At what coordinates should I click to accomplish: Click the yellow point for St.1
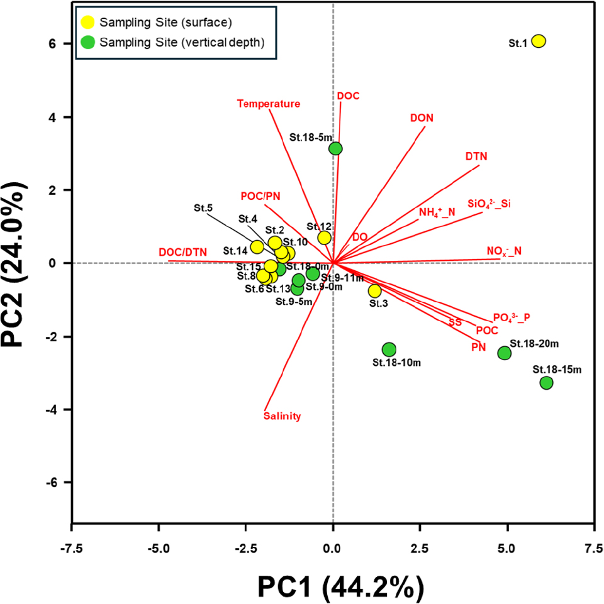[x=538, y=41]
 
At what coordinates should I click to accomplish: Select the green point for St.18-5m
[x=335, y=148]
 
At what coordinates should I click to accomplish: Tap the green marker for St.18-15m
[x=546, y=383]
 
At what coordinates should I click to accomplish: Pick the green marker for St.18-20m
[x=504, y=353]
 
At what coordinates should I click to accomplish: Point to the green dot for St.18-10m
[x=389, y=349]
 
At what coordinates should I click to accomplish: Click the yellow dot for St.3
[x=374, y=291]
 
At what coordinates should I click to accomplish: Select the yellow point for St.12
[x=324, y=238]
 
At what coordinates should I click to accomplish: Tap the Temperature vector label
[x=269, y=104]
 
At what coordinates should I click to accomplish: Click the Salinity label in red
[x=282, y=415]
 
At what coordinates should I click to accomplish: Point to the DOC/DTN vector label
[x=182, y=252]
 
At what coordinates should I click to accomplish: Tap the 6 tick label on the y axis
[x=48, y=44]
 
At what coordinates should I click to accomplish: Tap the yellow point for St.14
[x=257, y=247]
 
